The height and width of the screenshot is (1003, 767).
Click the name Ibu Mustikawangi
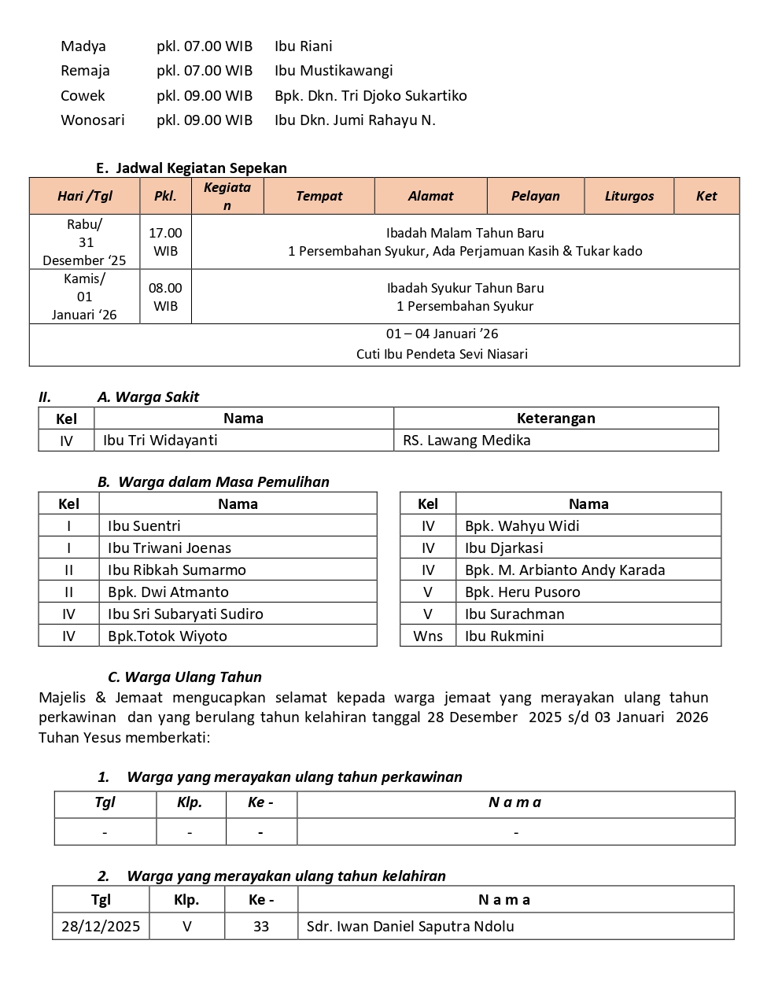click(334, 71)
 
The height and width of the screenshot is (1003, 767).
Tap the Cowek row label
click(83, 96)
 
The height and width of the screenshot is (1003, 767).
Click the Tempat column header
click(319, 196)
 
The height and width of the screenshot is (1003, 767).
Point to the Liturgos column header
click(629, 196)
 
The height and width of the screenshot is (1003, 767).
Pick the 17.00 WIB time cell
click(165, 242)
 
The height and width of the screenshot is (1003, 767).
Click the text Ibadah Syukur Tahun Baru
click(465, 288)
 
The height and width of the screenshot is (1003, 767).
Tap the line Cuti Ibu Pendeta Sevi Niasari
click(441, 354)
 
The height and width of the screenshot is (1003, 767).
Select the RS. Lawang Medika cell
click(466, 441)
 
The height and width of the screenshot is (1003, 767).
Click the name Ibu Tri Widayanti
click(160, 441)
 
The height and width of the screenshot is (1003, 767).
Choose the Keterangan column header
click(555, 419)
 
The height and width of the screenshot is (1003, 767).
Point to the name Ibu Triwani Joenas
click(170, 548)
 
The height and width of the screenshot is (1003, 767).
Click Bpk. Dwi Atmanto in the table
click(168, 592)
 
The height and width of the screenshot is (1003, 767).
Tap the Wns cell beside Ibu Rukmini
click(427, 636)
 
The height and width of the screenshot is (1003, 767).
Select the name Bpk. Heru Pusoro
click(522, 592)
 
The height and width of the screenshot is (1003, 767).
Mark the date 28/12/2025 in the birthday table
click(101, 927)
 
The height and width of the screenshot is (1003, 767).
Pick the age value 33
click(261, 927)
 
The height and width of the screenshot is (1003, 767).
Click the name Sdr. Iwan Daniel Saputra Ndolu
click(410, 927)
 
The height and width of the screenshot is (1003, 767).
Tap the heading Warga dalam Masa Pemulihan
click(223, 482)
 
